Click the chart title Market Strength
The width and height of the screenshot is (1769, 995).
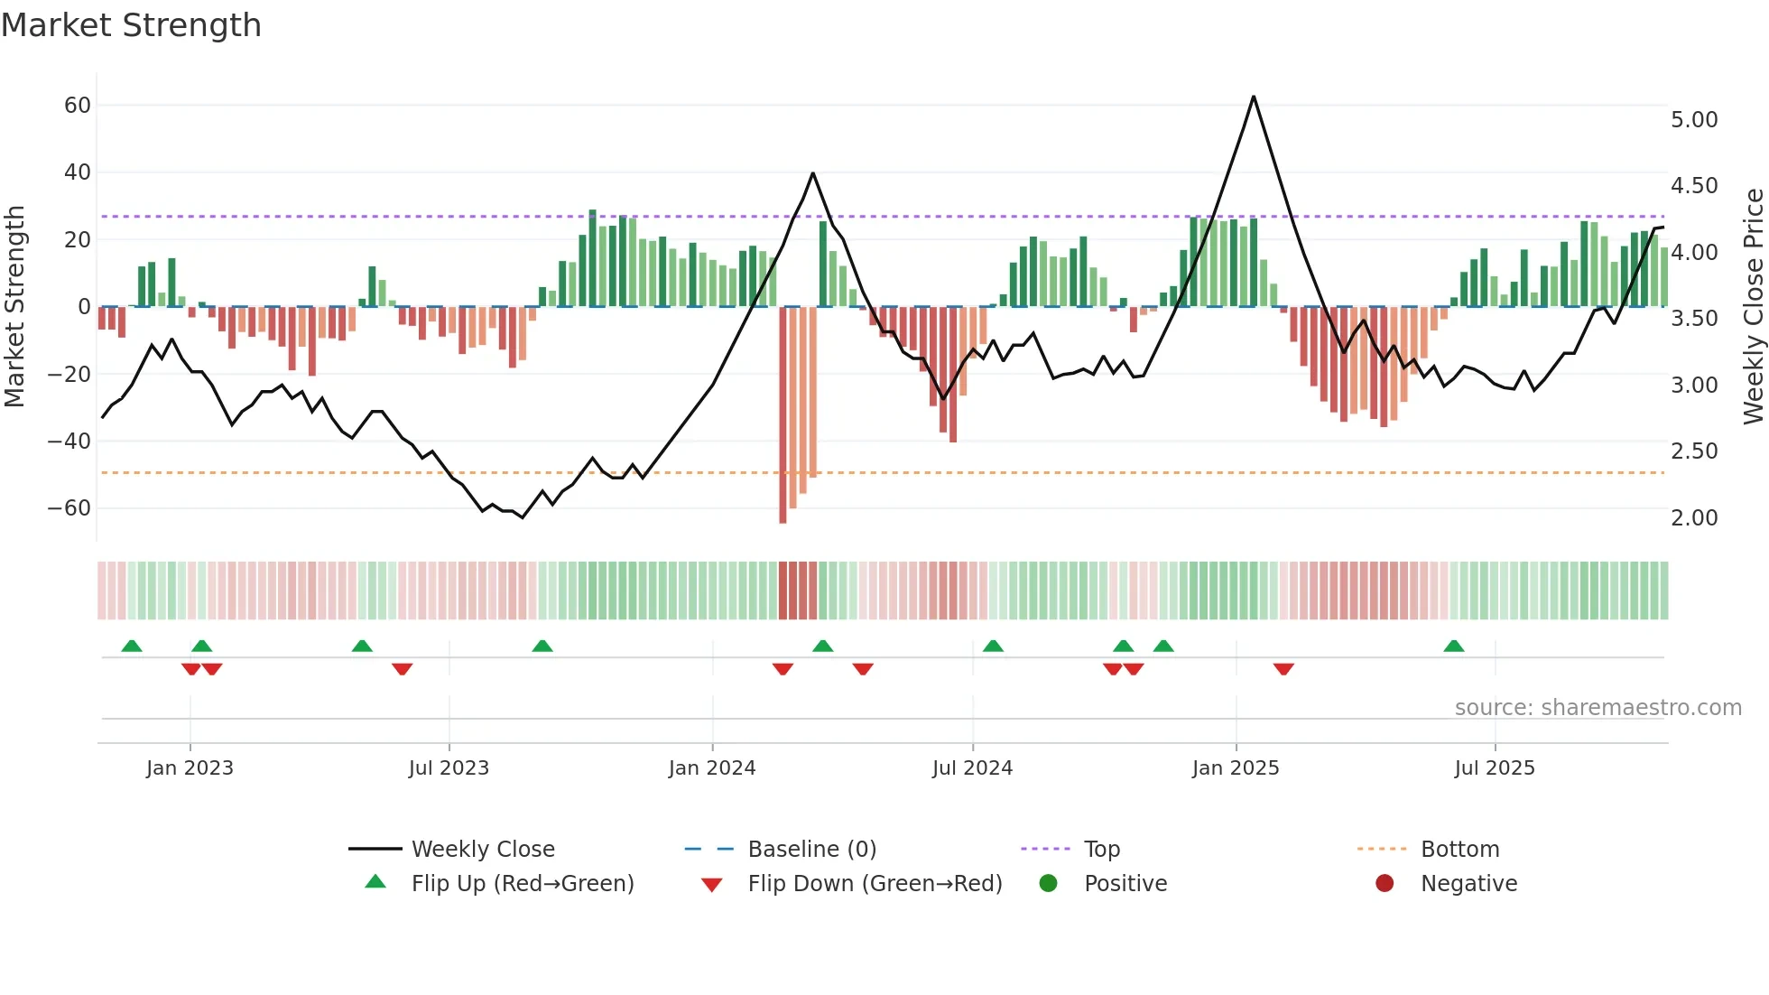131,25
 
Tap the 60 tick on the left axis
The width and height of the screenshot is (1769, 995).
78,106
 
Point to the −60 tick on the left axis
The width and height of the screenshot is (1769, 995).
69,508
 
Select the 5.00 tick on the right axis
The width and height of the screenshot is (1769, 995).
1694,120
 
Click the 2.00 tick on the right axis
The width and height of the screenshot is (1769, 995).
1694,518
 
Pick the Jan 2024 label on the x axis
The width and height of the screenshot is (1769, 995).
711,768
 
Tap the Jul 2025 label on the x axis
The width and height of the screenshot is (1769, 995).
1494,768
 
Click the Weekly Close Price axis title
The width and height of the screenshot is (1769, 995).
1753,306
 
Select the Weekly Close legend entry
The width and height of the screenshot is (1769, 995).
483,850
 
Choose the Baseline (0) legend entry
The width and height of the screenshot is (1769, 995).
811,850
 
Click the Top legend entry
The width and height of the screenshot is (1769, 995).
1101,850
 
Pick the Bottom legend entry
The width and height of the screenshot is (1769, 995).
1459,850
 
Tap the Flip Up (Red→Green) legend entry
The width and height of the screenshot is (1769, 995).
522,884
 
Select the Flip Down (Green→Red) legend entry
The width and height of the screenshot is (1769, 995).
875,884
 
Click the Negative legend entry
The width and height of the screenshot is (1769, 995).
1468,884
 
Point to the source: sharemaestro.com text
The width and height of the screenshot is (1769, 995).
1598,708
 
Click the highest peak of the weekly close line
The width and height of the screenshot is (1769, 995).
1253,97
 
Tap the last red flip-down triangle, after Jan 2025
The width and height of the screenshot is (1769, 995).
1283,669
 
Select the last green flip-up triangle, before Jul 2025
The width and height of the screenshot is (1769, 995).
1453,646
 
